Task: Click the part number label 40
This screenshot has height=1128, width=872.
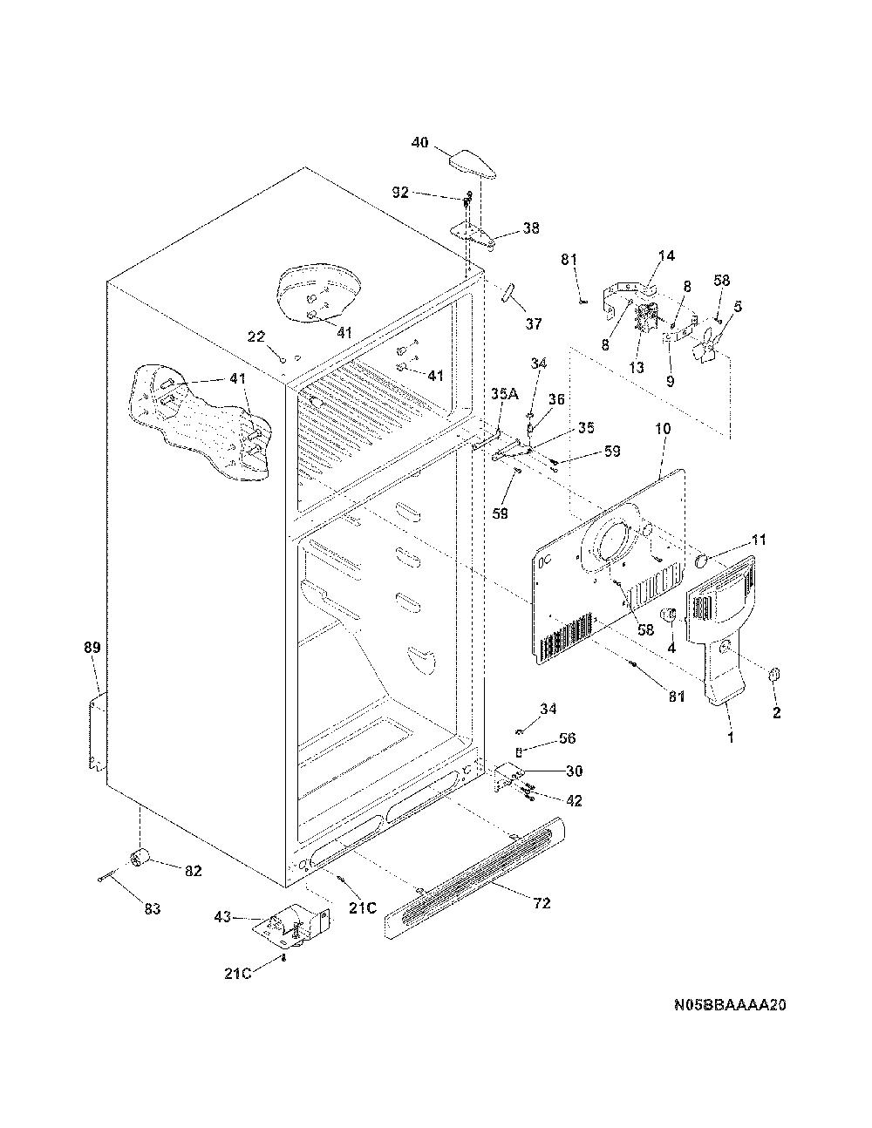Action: pos(420,142)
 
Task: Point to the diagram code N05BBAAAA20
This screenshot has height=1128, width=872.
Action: pos(730,1020)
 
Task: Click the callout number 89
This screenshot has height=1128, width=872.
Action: pos(92,648)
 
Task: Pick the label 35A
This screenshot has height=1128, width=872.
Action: pos(505,394)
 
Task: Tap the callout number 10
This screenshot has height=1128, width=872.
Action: pos(664,429)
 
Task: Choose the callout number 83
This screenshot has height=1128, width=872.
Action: pos(152,909)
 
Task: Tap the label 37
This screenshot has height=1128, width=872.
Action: pos(533,324)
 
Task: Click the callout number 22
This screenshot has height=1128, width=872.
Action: pos(256,336)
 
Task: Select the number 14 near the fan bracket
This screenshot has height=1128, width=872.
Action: pos(666,255)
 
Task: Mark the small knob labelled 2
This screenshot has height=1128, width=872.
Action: pos(774,675)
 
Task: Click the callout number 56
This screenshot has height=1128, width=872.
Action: pos(567,737)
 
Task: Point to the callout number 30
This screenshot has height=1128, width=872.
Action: pos(574,771)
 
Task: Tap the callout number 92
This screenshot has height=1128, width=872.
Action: pos(400,193)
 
